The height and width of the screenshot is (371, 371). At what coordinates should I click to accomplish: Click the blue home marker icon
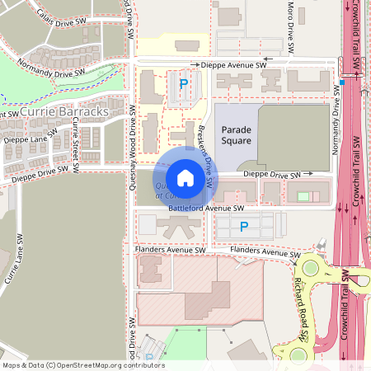pos(185,177)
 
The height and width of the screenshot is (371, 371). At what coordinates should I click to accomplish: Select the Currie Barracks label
pos(63,111)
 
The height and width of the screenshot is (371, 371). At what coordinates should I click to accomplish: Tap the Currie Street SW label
pos(75,143)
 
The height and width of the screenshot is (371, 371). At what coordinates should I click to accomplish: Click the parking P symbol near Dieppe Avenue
pos(184,83)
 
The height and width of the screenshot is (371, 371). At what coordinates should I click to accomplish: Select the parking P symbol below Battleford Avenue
pos(243,226)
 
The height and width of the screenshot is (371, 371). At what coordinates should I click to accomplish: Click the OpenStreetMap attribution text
pos(83,365)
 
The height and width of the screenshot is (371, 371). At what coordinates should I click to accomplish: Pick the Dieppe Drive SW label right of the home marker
pos(272,175)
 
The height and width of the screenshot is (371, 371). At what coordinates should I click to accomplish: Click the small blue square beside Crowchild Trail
pos(341,82)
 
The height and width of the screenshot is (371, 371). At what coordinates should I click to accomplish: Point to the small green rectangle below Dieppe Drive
pos(303,196)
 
